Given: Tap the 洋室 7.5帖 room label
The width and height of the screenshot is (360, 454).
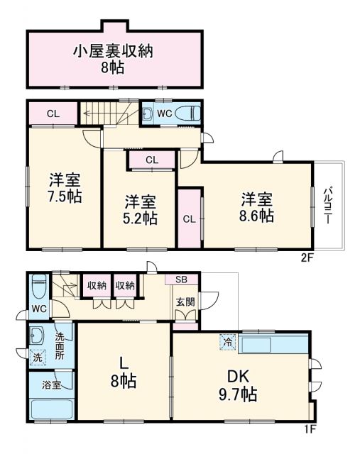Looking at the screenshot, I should (x=65, y=187).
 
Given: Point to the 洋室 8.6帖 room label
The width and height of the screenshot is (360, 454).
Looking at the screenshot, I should (x=257, y=206).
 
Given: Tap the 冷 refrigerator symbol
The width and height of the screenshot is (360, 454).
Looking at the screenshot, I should (x=229, y=340).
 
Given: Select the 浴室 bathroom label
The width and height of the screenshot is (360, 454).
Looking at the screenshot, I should (x=52, y=385).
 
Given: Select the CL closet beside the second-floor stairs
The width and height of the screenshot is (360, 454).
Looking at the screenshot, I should (x=53, y=113).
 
